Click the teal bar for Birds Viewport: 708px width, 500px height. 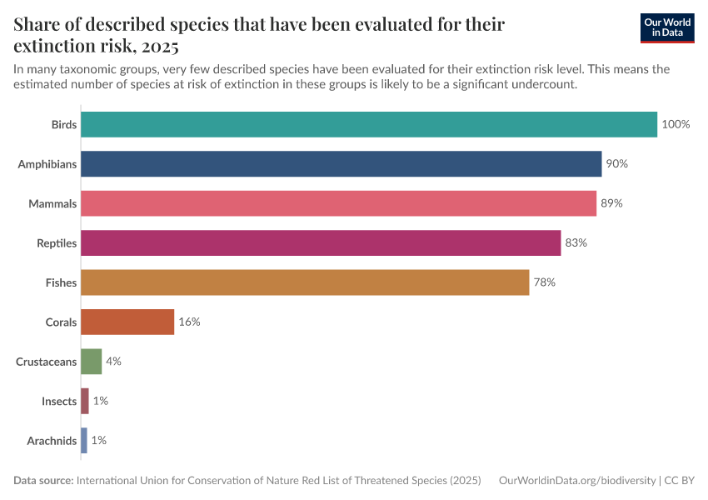click(369, 124)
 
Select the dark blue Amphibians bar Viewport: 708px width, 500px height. click(341, 163)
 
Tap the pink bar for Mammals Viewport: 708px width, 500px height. click(338, 203)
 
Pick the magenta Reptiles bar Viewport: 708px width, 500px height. click(321, 242)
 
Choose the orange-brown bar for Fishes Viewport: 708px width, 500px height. click(305, 282)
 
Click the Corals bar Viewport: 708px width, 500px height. click(127, 322)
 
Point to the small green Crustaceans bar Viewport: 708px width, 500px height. click(92, 362)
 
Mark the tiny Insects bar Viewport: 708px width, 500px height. click(85, 401)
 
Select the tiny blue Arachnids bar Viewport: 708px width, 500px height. click(84, 440)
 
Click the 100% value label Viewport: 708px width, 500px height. click(676, 124)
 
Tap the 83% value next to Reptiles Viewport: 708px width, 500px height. click(576, 242)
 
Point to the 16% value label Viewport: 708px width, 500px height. click(189, 322)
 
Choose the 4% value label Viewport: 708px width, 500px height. click(113, 362)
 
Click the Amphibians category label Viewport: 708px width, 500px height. click(47, 164)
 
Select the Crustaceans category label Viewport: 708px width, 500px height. click(47, 362)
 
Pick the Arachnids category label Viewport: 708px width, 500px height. click(52, 441)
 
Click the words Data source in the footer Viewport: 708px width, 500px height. click(42, 481)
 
